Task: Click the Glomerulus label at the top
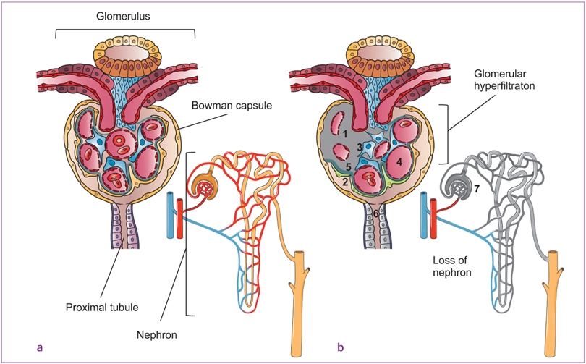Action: [x=124, y=14]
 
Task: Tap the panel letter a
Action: [x=39, y=347]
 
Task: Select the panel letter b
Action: [x=340, y=347]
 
